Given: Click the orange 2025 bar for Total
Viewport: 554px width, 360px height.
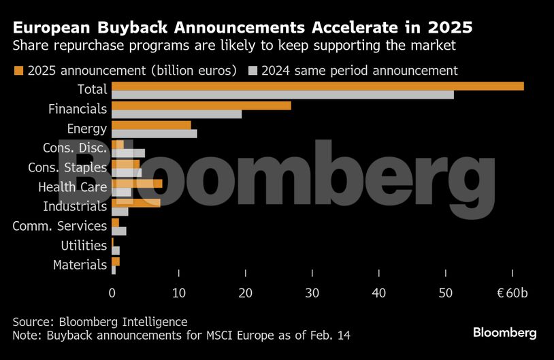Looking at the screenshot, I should [x=317, y=86].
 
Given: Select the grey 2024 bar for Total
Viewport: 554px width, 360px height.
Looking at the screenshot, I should [x=282, y=95].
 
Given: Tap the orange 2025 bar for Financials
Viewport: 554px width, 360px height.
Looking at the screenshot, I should [x=201, y=105].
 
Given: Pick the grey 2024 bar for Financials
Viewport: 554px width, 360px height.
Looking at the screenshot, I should [x=176, y=114].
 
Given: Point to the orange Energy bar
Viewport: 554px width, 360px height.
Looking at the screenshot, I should [x=151, y=125].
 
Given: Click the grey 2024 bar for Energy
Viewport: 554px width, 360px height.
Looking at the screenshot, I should [x=154, y=134].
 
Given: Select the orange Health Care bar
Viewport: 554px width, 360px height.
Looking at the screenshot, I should [x=137, y=184].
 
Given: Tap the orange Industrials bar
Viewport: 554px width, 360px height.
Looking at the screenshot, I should [x=135, y=203].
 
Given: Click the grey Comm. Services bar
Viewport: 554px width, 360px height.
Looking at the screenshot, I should [x=119, y=231].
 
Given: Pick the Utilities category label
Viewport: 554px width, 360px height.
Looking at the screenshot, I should [x=84, y=245].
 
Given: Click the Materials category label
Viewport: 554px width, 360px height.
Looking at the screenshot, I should [x=80, y=265].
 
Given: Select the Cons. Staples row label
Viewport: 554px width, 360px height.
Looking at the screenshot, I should [x=67, y=167].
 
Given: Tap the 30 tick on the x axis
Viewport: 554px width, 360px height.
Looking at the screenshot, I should [x=312, y=293].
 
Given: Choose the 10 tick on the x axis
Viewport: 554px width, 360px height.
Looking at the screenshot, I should [x=178, y=293].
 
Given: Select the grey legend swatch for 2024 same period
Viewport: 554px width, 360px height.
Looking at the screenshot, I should [x=253, y=71].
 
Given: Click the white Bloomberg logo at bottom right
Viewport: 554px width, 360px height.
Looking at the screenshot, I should [x=504, y=333].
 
